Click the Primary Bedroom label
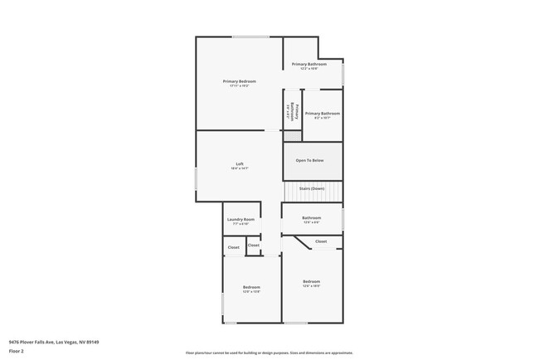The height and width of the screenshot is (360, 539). coord(239,80)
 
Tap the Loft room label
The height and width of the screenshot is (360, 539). coord(240,163)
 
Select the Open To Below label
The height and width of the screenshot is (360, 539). coord(309,160)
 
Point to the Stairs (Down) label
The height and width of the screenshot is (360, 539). coord(312,188)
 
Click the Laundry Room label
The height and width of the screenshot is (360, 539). coord(240,219)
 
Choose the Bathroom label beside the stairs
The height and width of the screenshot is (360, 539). coord(311,217)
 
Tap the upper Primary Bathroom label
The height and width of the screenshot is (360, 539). coord(308,64)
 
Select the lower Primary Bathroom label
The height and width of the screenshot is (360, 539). coord(322,113)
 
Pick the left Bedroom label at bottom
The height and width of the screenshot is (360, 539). coord(250,286)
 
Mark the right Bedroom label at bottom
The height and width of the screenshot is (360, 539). coord(311,282)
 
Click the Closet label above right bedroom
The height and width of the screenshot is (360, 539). coord(320,241)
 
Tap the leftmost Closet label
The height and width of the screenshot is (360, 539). coord(234,247)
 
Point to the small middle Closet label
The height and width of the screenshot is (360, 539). coord(254,245)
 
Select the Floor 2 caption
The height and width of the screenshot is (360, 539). coord(17,351)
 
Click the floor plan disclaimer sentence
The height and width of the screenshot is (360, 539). coord(269,352)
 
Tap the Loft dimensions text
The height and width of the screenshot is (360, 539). coord(240,168)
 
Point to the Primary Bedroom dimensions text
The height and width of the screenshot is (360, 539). coord(239,85)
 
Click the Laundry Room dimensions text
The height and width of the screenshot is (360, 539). coord(240,224)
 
